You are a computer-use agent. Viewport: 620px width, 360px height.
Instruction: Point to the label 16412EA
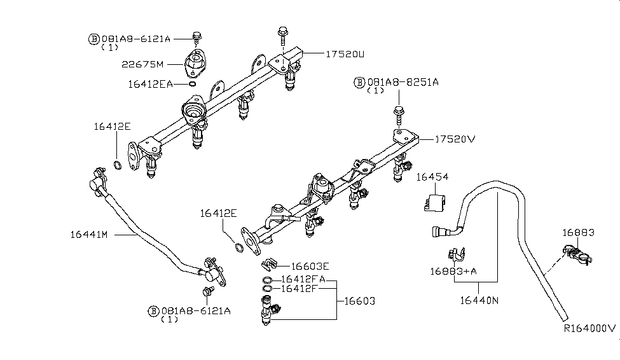tap(150, 83)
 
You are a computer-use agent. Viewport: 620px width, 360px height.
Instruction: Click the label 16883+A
tap(452, 272)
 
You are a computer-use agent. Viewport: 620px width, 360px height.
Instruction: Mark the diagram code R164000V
tap(589, 329)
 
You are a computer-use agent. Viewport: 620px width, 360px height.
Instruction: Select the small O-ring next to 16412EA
tap(192, 83)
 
